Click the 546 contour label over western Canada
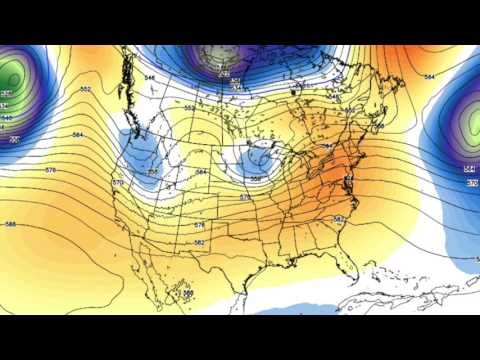151,77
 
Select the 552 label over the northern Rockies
190,107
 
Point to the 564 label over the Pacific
77,135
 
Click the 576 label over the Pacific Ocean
50,171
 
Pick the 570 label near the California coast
118,183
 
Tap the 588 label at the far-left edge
9,224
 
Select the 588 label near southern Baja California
188,292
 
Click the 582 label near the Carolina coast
338,218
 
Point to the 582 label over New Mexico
199,242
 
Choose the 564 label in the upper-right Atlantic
430,77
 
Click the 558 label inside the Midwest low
257,179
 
